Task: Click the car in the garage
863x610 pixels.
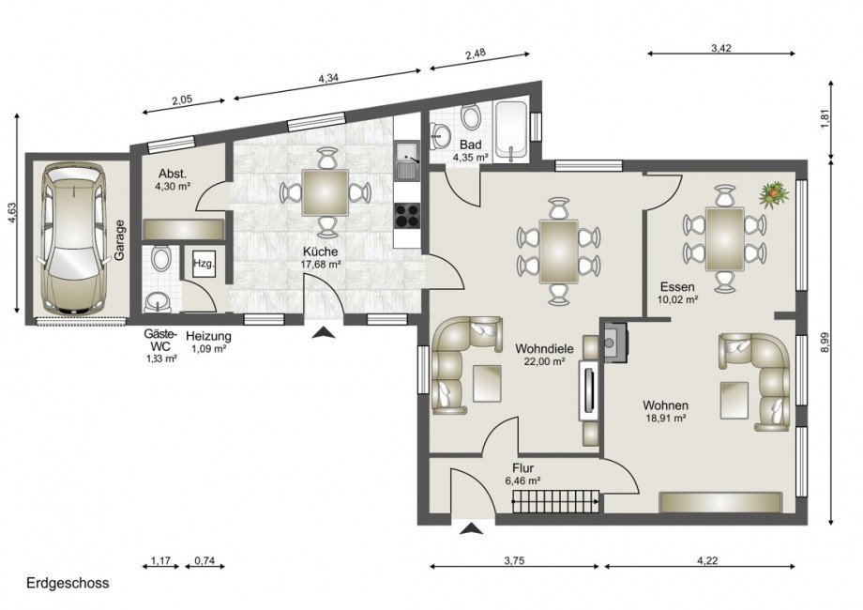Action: click(72, 239)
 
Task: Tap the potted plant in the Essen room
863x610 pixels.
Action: click(774, 193)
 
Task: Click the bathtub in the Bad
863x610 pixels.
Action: click(511, 131)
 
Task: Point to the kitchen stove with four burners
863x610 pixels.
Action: click(407, 215)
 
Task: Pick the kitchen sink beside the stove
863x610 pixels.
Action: click(407, 160)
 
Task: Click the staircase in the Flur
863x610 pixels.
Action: click(556, 501)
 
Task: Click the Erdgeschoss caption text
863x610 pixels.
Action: click(68, 583)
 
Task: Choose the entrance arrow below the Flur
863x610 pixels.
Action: click(472, 529)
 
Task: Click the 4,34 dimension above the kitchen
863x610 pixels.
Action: click(328, 78)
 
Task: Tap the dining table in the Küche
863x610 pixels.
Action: click(325, 192)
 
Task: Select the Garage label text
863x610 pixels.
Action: click(119, 240)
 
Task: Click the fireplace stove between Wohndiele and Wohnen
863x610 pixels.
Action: click(614, 343)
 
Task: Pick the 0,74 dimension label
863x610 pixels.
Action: click(204, 561)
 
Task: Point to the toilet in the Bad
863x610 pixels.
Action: click(471, 116)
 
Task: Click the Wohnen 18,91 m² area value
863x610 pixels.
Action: click(665, 418)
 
